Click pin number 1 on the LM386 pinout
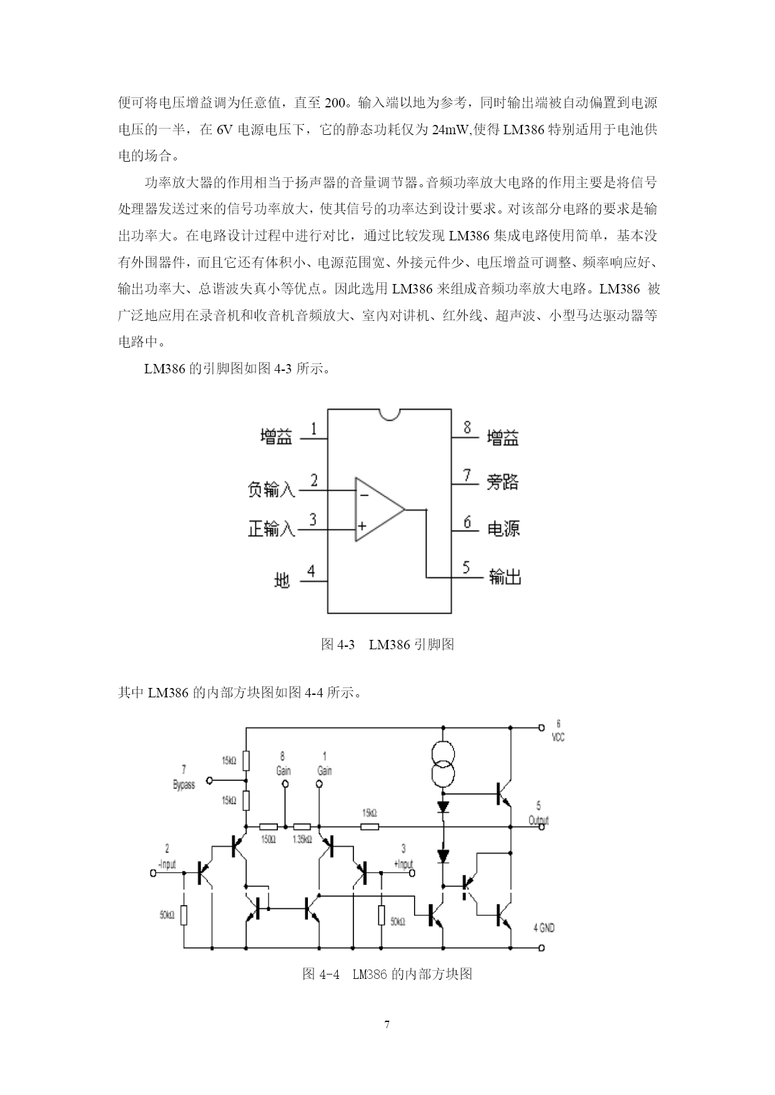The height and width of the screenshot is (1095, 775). tap(313, 429)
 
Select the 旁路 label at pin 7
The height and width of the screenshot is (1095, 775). tap(503, 482)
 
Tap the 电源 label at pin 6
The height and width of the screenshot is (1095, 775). tap(503, 529)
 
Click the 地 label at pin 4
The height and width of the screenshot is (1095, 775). tap(282, 581)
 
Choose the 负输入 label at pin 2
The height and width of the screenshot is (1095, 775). tap(271, 489)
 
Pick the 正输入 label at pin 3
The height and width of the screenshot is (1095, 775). tap(271, 529)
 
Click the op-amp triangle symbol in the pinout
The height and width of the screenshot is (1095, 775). tap(380, 509)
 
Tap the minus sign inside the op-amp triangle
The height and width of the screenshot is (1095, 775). tap(364, 496)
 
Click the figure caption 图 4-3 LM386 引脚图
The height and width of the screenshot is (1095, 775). tap(387, 644)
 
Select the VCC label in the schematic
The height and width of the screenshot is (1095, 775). tap(558, 737)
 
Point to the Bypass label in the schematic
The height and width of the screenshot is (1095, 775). tap(184, 785)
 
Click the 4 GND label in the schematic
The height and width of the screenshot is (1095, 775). tap(544, 928)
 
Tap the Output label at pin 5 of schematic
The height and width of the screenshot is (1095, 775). tap(538, 820)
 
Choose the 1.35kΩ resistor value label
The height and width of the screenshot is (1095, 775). tap(302, 840)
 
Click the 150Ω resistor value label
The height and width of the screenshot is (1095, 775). tap(268, 840)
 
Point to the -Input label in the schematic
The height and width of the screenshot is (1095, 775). tap(167, 865)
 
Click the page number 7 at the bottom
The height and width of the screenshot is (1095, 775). tap(387, 1024)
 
